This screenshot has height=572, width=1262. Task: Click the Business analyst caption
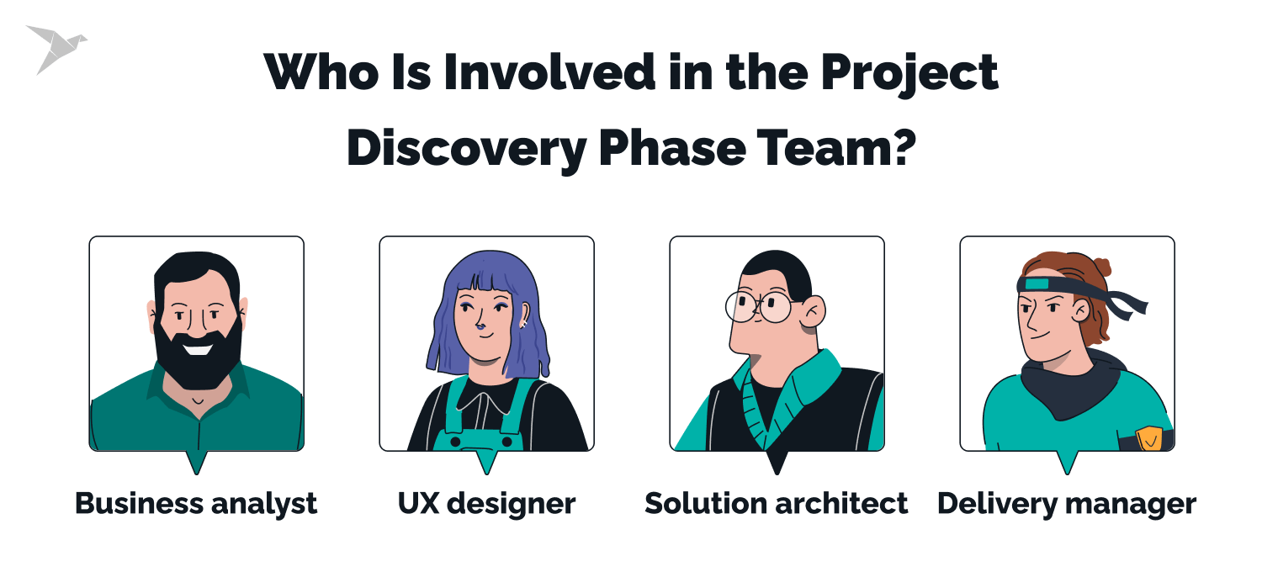(x=196, y=504)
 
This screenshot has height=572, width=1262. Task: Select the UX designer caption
(x=486, y=504)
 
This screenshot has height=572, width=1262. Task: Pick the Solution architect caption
(x=776, y=504)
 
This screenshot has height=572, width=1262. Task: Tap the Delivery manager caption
(x=1067, y=504)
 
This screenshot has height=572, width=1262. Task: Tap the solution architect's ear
(x=813, y=313)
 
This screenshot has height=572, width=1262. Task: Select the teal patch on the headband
(x=1037, y=284)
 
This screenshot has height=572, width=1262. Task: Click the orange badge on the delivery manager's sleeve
(x=1148, y=438)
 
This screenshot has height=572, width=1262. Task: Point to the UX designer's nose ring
(x=479, y=328)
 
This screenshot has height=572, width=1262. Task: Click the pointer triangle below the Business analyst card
(x=196, y=462)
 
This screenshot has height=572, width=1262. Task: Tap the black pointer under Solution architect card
(x=777, y=462)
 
